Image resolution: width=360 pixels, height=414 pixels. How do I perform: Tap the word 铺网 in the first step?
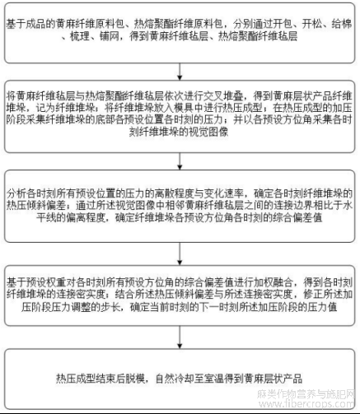coord(110,36)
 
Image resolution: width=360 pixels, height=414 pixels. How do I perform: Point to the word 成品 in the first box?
coord(35,24)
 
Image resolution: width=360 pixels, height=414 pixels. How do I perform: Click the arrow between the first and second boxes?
coord(180,72)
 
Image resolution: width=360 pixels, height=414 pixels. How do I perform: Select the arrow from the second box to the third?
coord(180,161)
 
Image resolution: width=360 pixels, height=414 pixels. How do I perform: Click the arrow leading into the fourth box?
coord(180,254)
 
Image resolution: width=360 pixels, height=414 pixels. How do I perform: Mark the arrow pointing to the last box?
coord(180,337)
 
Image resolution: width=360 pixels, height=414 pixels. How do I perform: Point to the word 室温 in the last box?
coord(214,379)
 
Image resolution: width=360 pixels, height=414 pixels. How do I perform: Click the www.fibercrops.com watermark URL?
coord(306,404)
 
